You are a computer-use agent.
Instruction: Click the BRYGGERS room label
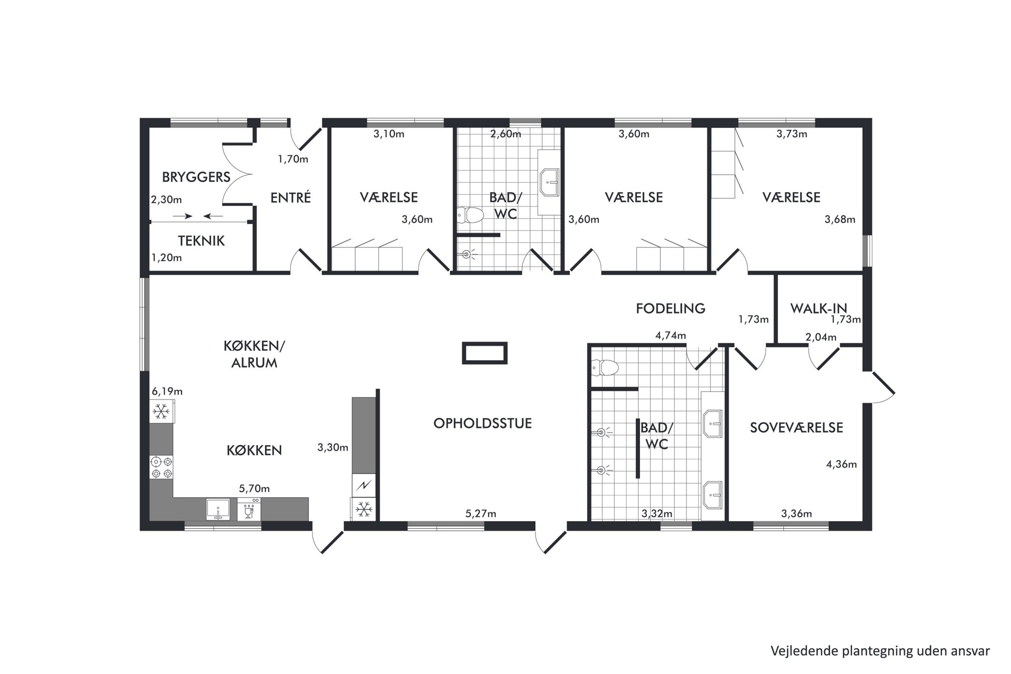pos(196,177)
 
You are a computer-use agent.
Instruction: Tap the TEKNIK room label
pos(201,240)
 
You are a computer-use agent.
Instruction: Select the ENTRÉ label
pos(290,197)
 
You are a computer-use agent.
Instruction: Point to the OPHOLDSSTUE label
pos(483,423)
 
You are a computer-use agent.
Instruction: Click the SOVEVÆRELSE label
pos(796,427)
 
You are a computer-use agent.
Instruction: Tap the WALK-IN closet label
pos(819,308)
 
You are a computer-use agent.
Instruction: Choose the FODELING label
pos(671,308)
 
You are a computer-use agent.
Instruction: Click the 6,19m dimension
pos(167,392)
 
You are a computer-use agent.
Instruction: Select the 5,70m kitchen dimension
pos(254,489)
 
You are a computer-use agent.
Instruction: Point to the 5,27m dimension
pos(481,514)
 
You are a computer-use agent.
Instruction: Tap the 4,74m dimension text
pos(671,336)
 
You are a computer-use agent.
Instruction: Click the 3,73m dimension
pos(792,134)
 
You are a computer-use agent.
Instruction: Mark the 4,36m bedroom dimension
pos(841,464)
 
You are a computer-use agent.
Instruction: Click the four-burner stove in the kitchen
pos(162,468)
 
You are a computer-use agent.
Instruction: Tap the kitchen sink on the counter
pos(218,509)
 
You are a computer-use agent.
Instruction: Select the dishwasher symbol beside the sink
pos(249,509)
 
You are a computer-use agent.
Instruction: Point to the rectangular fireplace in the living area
pos(485,353)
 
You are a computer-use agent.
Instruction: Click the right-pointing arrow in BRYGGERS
pos(182,217)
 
